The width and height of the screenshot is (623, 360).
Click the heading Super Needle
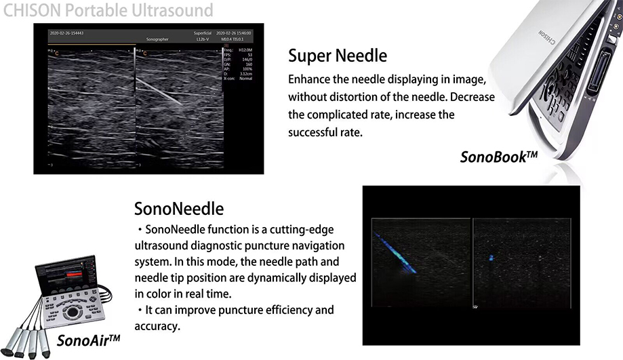tap(338, 55)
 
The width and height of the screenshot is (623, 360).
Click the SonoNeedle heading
tap(179, 207)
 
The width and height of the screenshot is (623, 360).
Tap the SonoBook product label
tap(498, 157)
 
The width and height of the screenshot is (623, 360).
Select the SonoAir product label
tap(89, 339)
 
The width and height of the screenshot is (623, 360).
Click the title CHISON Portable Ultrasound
tap(108, 10)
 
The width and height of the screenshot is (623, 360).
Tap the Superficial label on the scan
tap(204, 33)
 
